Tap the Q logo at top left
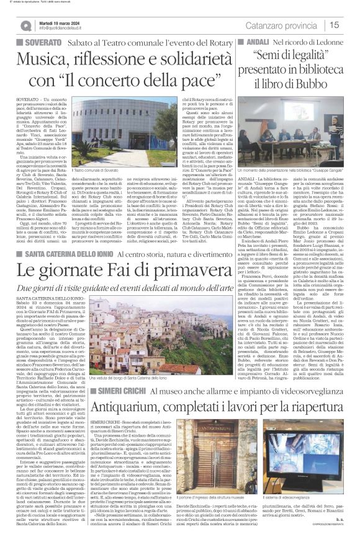coord(25,25)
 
